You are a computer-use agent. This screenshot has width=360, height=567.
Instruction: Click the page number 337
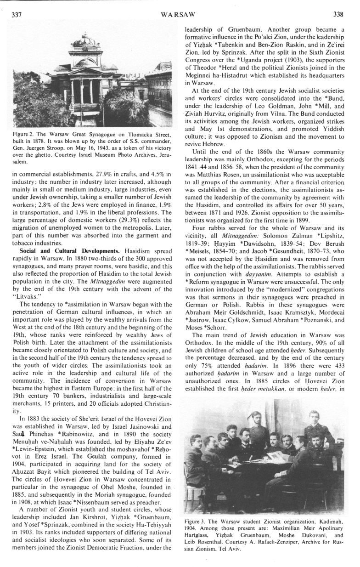[x=17, y=14]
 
